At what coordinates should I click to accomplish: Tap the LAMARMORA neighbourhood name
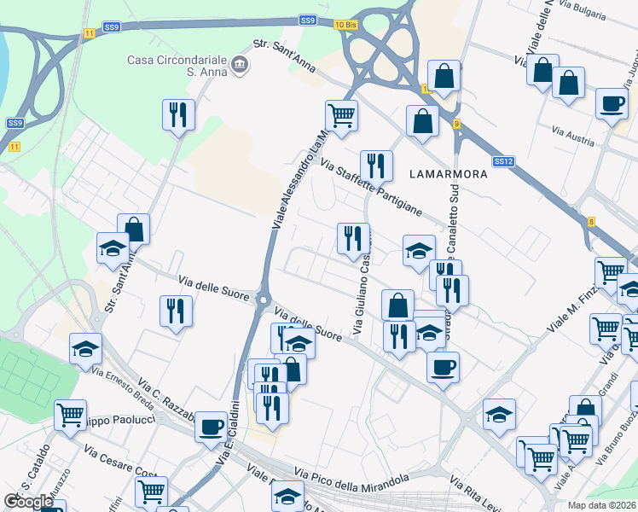(448, 174)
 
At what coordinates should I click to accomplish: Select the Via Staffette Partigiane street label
(371, 189)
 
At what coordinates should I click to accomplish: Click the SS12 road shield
(503, 161)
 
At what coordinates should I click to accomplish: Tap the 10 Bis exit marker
(345, 25)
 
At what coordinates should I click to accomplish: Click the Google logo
(29, 502)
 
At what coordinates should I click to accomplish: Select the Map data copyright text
(602, 505)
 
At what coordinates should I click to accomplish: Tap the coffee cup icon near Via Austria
(611, 103)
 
